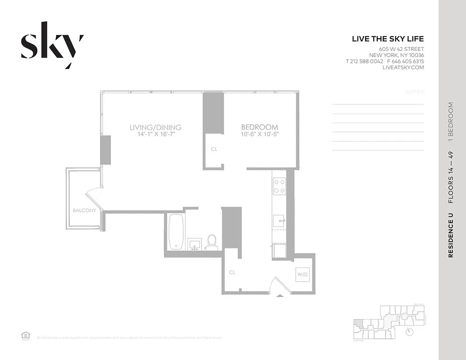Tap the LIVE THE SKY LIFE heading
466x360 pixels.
click(x=388, y=39)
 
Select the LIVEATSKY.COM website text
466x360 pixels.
click(x=403, y=67)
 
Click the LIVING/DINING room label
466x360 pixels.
click(x=155, y=127)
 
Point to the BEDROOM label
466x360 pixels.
click(x=259, y=127)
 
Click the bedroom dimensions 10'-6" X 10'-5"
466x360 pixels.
click(x=260, y=134)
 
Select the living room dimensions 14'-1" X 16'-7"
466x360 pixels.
click(x=155, y=134)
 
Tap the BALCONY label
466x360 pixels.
click(x=84, y=210)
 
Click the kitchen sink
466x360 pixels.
click(x=278, y=220)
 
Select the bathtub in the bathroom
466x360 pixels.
click(x=176, y=232)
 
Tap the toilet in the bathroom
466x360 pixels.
click(x=211, y=242)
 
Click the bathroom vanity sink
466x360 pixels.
click(x=195, y=244)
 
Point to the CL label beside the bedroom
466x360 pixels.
click(x=214, y=149)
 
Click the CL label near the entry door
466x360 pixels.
click(x=232, y=272)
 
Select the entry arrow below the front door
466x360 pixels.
click(x=280, y=295)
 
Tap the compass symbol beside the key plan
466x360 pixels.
click(x=409, y=332)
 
